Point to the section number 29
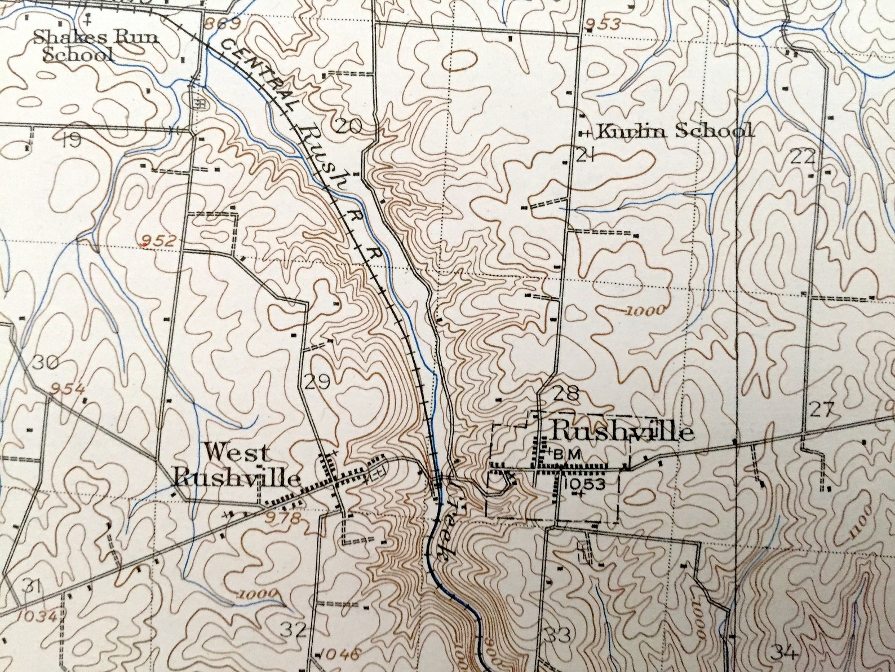316,383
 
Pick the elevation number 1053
583,484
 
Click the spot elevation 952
159,240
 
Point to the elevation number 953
604,24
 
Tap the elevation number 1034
37,616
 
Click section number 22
803,156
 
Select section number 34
784,653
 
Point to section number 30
45,362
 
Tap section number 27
821,410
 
